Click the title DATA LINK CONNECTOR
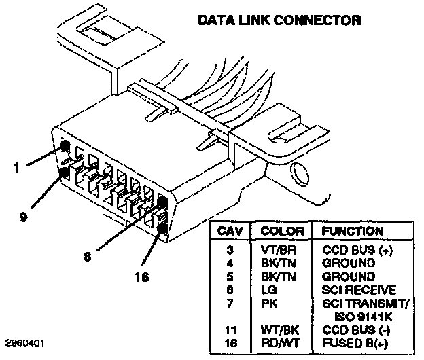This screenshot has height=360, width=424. (x=279, y=20)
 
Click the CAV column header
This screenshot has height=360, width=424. (x=232, y=231)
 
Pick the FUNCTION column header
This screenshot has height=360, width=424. (x=352, y=231)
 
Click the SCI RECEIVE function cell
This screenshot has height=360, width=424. (x=358, y=289)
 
